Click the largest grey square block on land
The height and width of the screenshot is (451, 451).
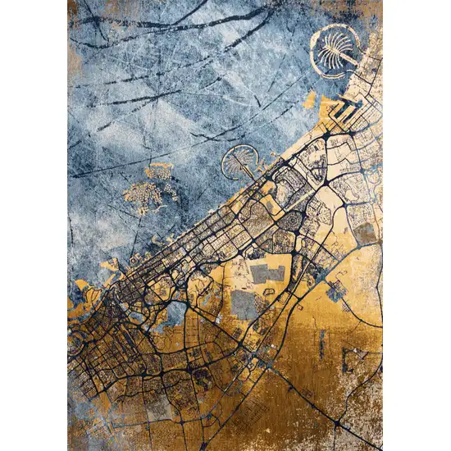(x=244, y=305)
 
